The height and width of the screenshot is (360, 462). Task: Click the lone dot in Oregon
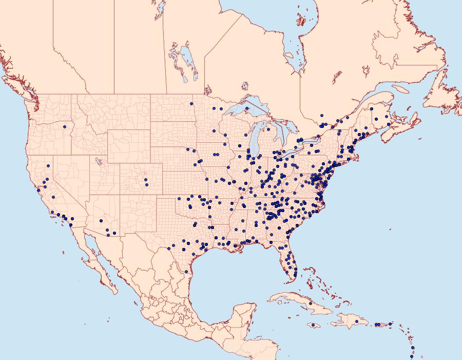point(65,127)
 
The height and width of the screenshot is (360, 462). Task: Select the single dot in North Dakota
point(191,104)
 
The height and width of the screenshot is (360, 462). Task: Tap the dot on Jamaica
point(313,325)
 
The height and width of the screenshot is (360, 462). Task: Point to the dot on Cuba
point(310,304)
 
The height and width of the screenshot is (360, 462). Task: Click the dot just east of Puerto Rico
point(390,324)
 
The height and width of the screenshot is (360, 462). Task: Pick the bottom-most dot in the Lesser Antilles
point(412,356)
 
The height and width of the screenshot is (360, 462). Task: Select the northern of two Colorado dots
point(146,180)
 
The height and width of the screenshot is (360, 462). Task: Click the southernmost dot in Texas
point(186,272)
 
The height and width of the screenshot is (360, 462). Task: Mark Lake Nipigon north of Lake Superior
point(245,86)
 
